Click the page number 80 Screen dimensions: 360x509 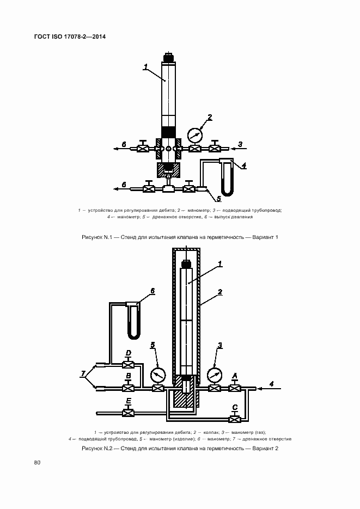click(x=37, y=462)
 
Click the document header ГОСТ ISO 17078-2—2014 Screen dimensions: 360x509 click(x=70, y=36)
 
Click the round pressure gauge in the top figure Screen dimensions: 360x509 click(x=195, y=134)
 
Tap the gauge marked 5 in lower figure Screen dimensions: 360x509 click(x=158, y=375)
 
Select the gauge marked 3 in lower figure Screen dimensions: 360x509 click(x=214, y=375)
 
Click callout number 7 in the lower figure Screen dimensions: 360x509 click(x=83, y=375)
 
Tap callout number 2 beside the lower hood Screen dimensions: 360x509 click(x=220, y=292)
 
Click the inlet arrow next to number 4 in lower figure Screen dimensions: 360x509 click(x=269, y=388)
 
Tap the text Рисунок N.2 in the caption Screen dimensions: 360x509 click(x=97, y=448)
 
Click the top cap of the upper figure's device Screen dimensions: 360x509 click(x=168, y=58)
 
